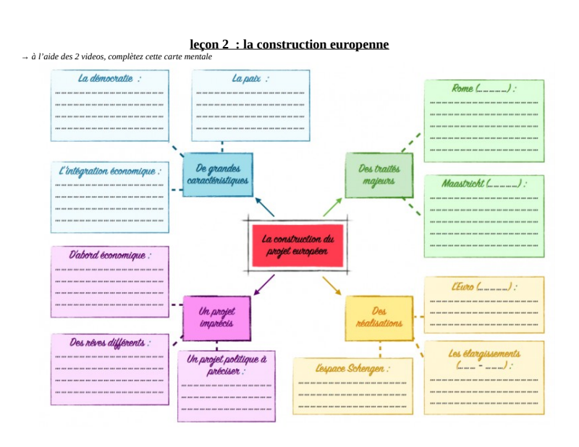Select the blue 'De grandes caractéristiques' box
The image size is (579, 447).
click(217, 174)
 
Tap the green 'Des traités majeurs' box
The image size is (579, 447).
click(379, 174)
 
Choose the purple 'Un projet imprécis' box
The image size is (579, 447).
click(216, 318)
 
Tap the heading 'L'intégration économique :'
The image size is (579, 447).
click(109, 172)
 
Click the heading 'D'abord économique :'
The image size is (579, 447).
click(110, 255)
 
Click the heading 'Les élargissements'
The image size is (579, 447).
click(483, 354)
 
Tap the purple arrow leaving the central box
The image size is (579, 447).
click(265, 284)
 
